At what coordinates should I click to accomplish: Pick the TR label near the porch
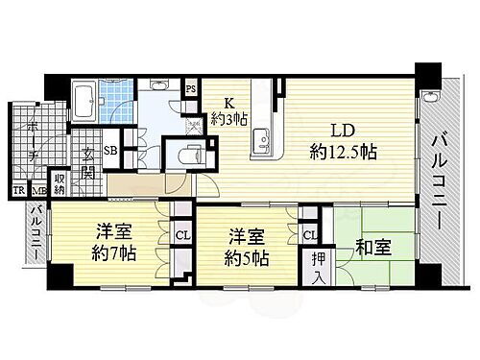pyautogui.click(x=17, y=191)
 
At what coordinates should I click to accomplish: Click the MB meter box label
pyautogui.click(x=35, y=191)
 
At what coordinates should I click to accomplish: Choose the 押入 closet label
pyautogui.click(x=318, y=267)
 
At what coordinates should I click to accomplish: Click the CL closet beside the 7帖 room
pyautogui.click(x=181, y=233)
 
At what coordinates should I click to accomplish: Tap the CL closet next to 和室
pyautogui.click(x=310, y=233)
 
